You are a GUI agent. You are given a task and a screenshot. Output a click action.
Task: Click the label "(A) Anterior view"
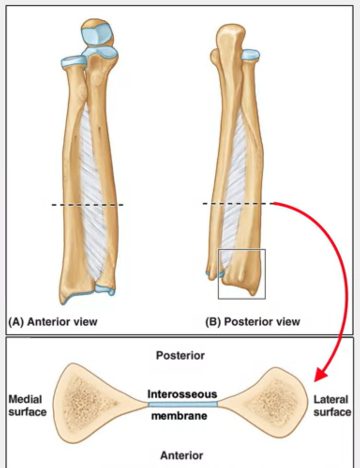pos(52,322)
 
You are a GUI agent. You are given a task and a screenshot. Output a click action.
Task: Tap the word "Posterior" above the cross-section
pos(180,355)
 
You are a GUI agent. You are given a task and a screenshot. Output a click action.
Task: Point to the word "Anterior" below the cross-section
pos(181,455)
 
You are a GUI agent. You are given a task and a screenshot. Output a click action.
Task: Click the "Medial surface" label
pos(27,406)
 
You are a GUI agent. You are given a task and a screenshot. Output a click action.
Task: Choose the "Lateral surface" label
pos(332,406)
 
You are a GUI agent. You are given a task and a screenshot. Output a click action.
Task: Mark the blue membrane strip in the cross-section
pos(183,404)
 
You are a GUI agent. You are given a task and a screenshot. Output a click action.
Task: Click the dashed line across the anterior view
pos(87,205)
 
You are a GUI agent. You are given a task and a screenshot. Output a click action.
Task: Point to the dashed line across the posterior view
pos(237,204)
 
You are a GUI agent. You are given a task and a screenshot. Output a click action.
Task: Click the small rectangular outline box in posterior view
pos(242,274)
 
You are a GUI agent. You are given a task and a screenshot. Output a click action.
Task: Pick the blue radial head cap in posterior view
pos(250,55)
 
